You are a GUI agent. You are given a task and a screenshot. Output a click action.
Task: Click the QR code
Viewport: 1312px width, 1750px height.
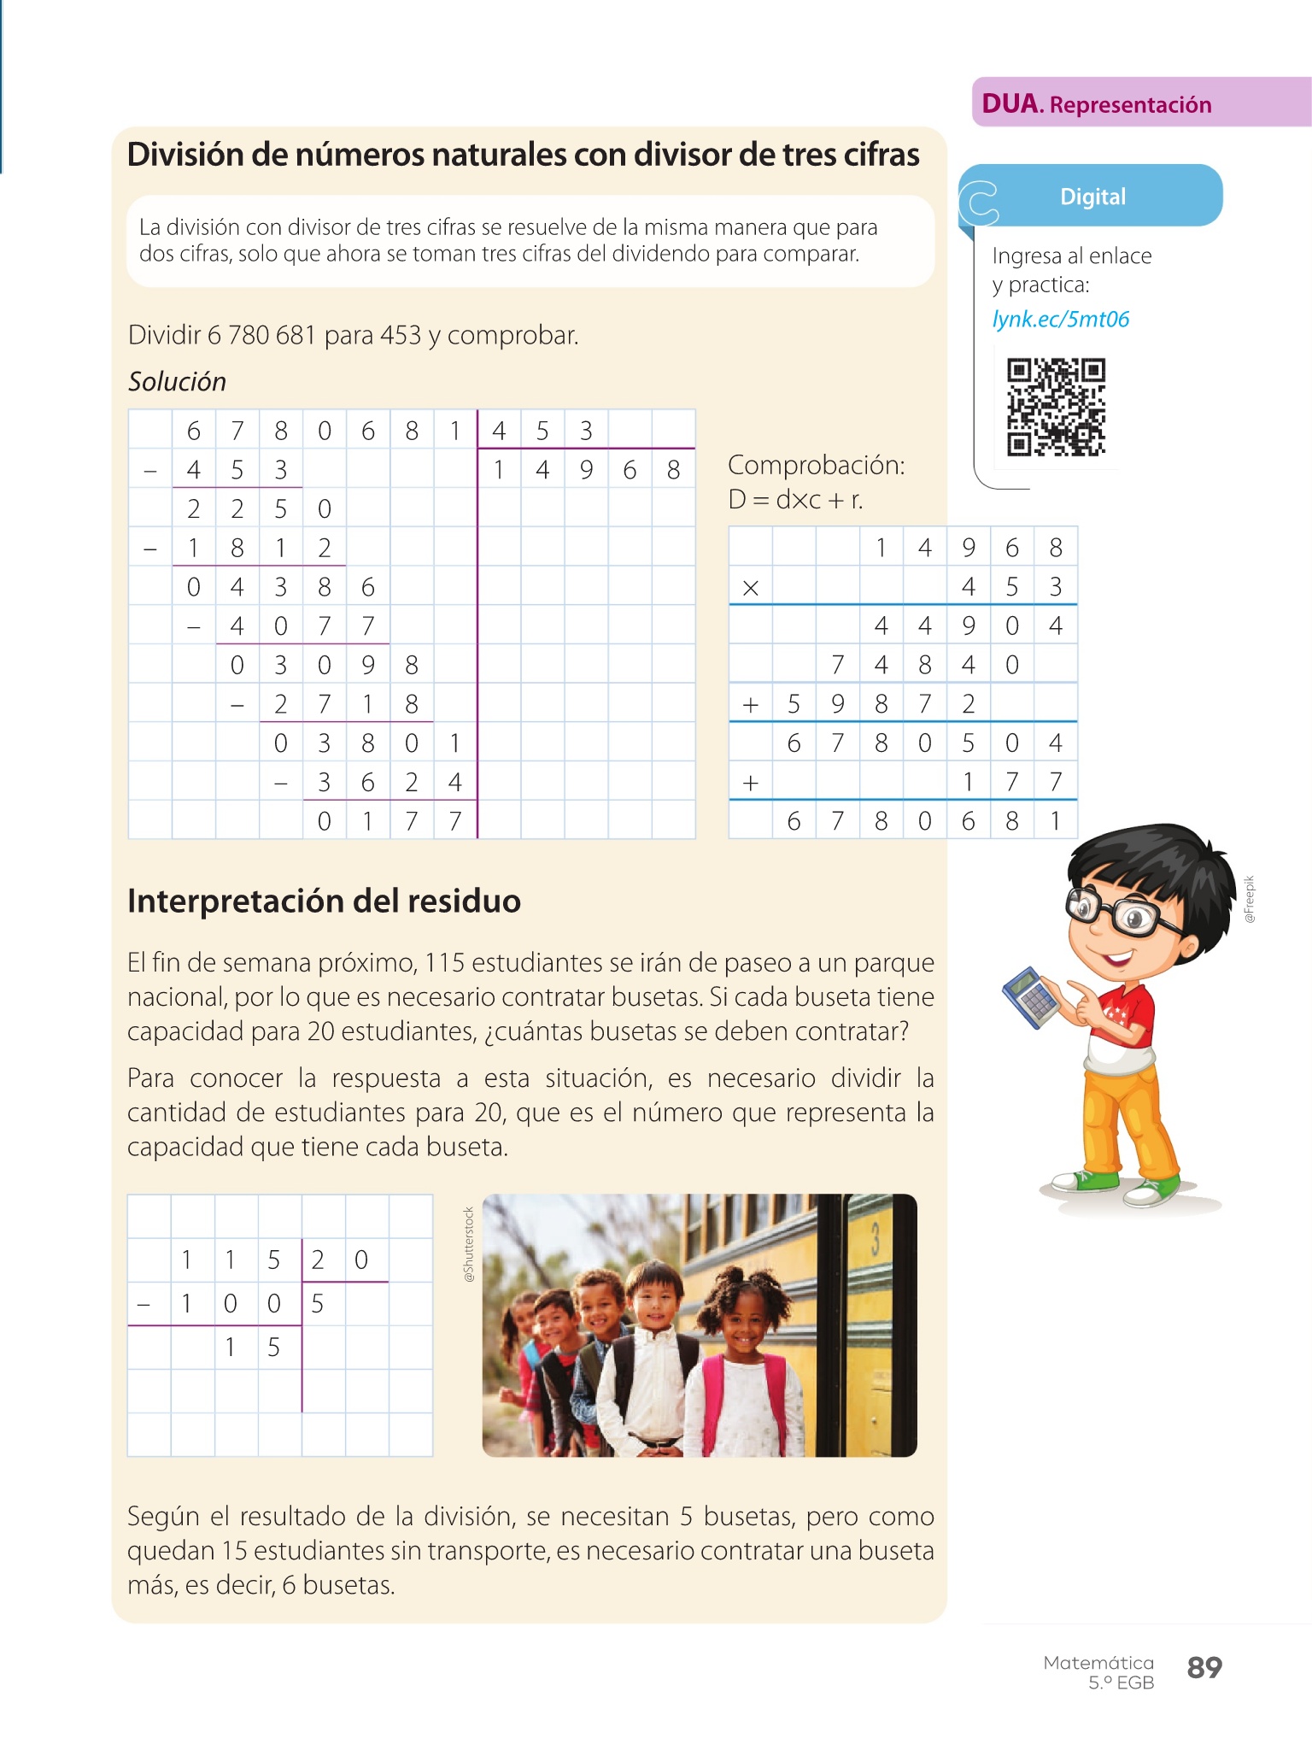pos(1056,408)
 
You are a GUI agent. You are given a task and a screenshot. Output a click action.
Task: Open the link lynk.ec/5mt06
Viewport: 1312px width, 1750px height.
pos(1060,320)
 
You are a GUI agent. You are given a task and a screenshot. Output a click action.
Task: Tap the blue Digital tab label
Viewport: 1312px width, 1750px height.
pos(1092,197)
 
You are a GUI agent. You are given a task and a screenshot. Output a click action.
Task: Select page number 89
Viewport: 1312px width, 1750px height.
pos(1204,1667)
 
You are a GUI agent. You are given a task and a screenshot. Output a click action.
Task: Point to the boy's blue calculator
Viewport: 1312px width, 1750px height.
pos(1029,996)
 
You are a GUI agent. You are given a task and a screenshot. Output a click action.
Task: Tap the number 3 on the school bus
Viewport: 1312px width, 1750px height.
pos(875,1238)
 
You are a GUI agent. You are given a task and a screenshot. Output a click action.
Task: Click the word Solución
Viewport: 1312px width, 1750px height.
pos(177,382)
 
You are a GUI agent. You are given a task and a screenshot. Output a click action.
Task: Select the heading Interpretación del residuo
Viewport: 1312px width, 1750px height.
pos(324,901)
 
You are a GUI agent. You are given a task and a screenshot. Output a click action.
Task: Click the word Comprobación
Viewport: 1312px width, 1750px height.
pos(816,466)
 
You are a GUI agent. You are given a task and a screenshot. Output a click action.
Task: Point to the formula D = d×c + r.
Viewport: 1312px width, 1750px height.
pos(795,500)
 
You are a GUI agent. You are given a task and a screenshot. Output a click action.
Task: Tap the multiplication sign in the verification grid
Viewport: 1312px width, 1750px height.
pos(750,588)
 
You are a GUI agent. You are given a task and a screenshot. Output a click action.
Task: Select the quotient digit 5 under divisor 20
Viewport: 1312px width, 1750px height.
pos(318,1304)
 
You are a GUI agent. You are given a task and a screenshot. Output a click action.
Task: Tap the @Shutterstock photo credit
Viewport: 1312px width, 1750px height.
pos(468,1243)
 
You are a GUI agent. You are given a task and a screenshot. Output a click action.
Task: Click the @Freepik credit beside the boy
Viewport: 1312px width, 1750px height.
pos(1250,899)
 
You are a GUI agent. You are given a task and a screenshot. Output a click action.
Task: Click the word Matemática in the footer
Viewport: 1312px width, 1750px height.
pos(1098,1663)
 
